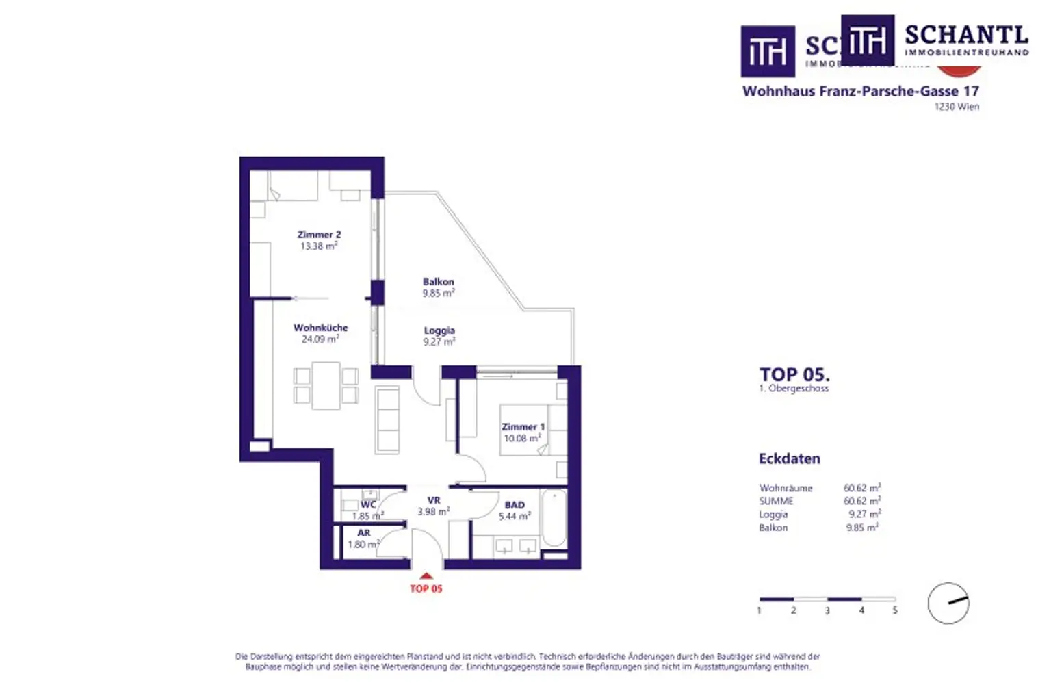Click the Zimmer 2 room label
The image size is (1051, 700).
pyautogui.click(x=319, y=235)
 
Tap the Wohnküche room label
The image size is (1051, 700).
pyautogui.click(x=320, y=328)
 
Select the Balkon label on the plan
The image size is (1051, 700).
pyautogui.click(x=438, y=282)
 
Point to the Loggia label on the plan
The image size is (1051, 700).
pyautogui.click(x=439, y=330)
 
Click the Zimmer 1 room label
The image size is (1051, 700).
pyautogui.click(x=523, y=427)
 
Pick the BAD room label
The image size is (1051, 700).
pyautogui.click(x=515, y=505)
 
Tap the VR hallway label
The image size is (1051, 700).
pyautogui.click(x=434, y=500)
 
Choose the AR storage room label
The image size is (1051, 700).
pyautogui.click(x=364, y=533)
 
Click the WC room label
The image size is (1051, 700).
pyautogui.click(x=368, y=504)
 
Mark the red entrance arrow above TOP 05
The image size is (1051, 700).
pyautogui.click(x=426, y=576)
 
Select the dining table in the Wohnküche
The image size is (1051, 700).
pyautogui.click(x=326, y=385)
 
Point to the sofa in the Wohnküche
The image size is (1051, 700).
pyautogui.click(x=388, y=419)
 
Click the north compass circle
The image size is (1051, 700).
pyautogui.click(x=948, y=603)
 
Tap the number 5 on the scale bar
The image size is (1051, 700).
pyautogui.click(x=894, y=610)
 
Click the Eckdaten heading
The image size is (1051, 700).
pyautogui.click(x=789, y=458)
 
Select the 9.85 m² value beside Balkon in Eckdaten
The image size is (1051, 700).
pyautogui.click(x=862, y=528)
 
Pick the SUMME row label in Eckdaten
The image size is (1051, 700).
pyautogui.click(x=776, y=501)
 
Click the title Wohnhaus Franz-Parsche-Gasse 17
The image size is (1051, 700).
pyautogui.click(x=860, y=91)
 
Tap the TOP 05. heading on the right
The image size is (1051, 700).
pyautogui.click(x=794, y=374)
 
